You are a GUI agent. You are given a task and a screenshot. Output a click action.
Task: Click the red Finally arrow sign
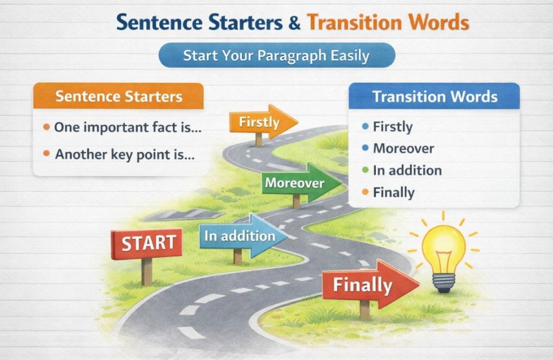click(x=367, y=284)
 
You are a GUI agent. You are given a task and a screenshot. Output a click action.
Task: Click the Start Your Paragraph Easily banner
click(x=276, y=56)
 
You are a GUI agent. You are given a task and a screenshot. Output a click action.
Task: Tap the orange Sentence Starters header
click(x=118, y=97)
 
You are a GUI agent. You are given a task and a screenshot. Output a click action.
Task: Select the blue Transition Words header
click(x=434, y=97)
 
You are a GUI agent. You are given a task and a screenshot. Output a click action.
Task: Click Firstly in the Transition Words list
click(x=393, y=127)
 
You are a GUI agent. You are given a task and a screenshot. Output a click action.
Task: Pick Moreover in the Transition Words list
click(x=403, y=148)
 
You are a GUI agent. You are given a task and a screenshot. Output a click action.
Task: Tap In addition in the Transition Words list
click(x=407, y=171)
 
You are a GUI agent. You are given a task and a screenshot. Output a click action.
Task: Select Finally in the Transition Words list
click(x=394, y=193)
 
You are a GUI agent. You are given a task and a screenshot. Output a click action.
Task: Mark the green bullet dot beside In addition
click(x=365, y=171)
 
